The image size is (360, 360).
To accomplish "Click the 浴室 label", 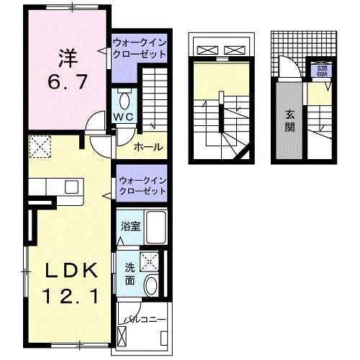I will [x=130, y=225].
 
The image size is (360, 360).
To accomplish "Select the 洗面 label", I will [x=130, y=274].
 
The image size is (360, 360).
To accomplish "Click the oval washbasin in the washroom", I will [x=151, y=286].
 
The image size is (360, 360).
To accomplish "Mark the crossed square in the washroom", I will [x=150, y=261].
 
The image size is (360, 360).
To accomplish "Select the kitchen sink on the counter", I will [x=73, y=186].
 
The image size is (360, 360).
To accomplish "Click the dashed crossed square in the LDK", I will [x=40, y=148].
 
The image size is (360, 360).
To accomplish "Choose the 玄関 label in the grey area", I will [x=289, y=121].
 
